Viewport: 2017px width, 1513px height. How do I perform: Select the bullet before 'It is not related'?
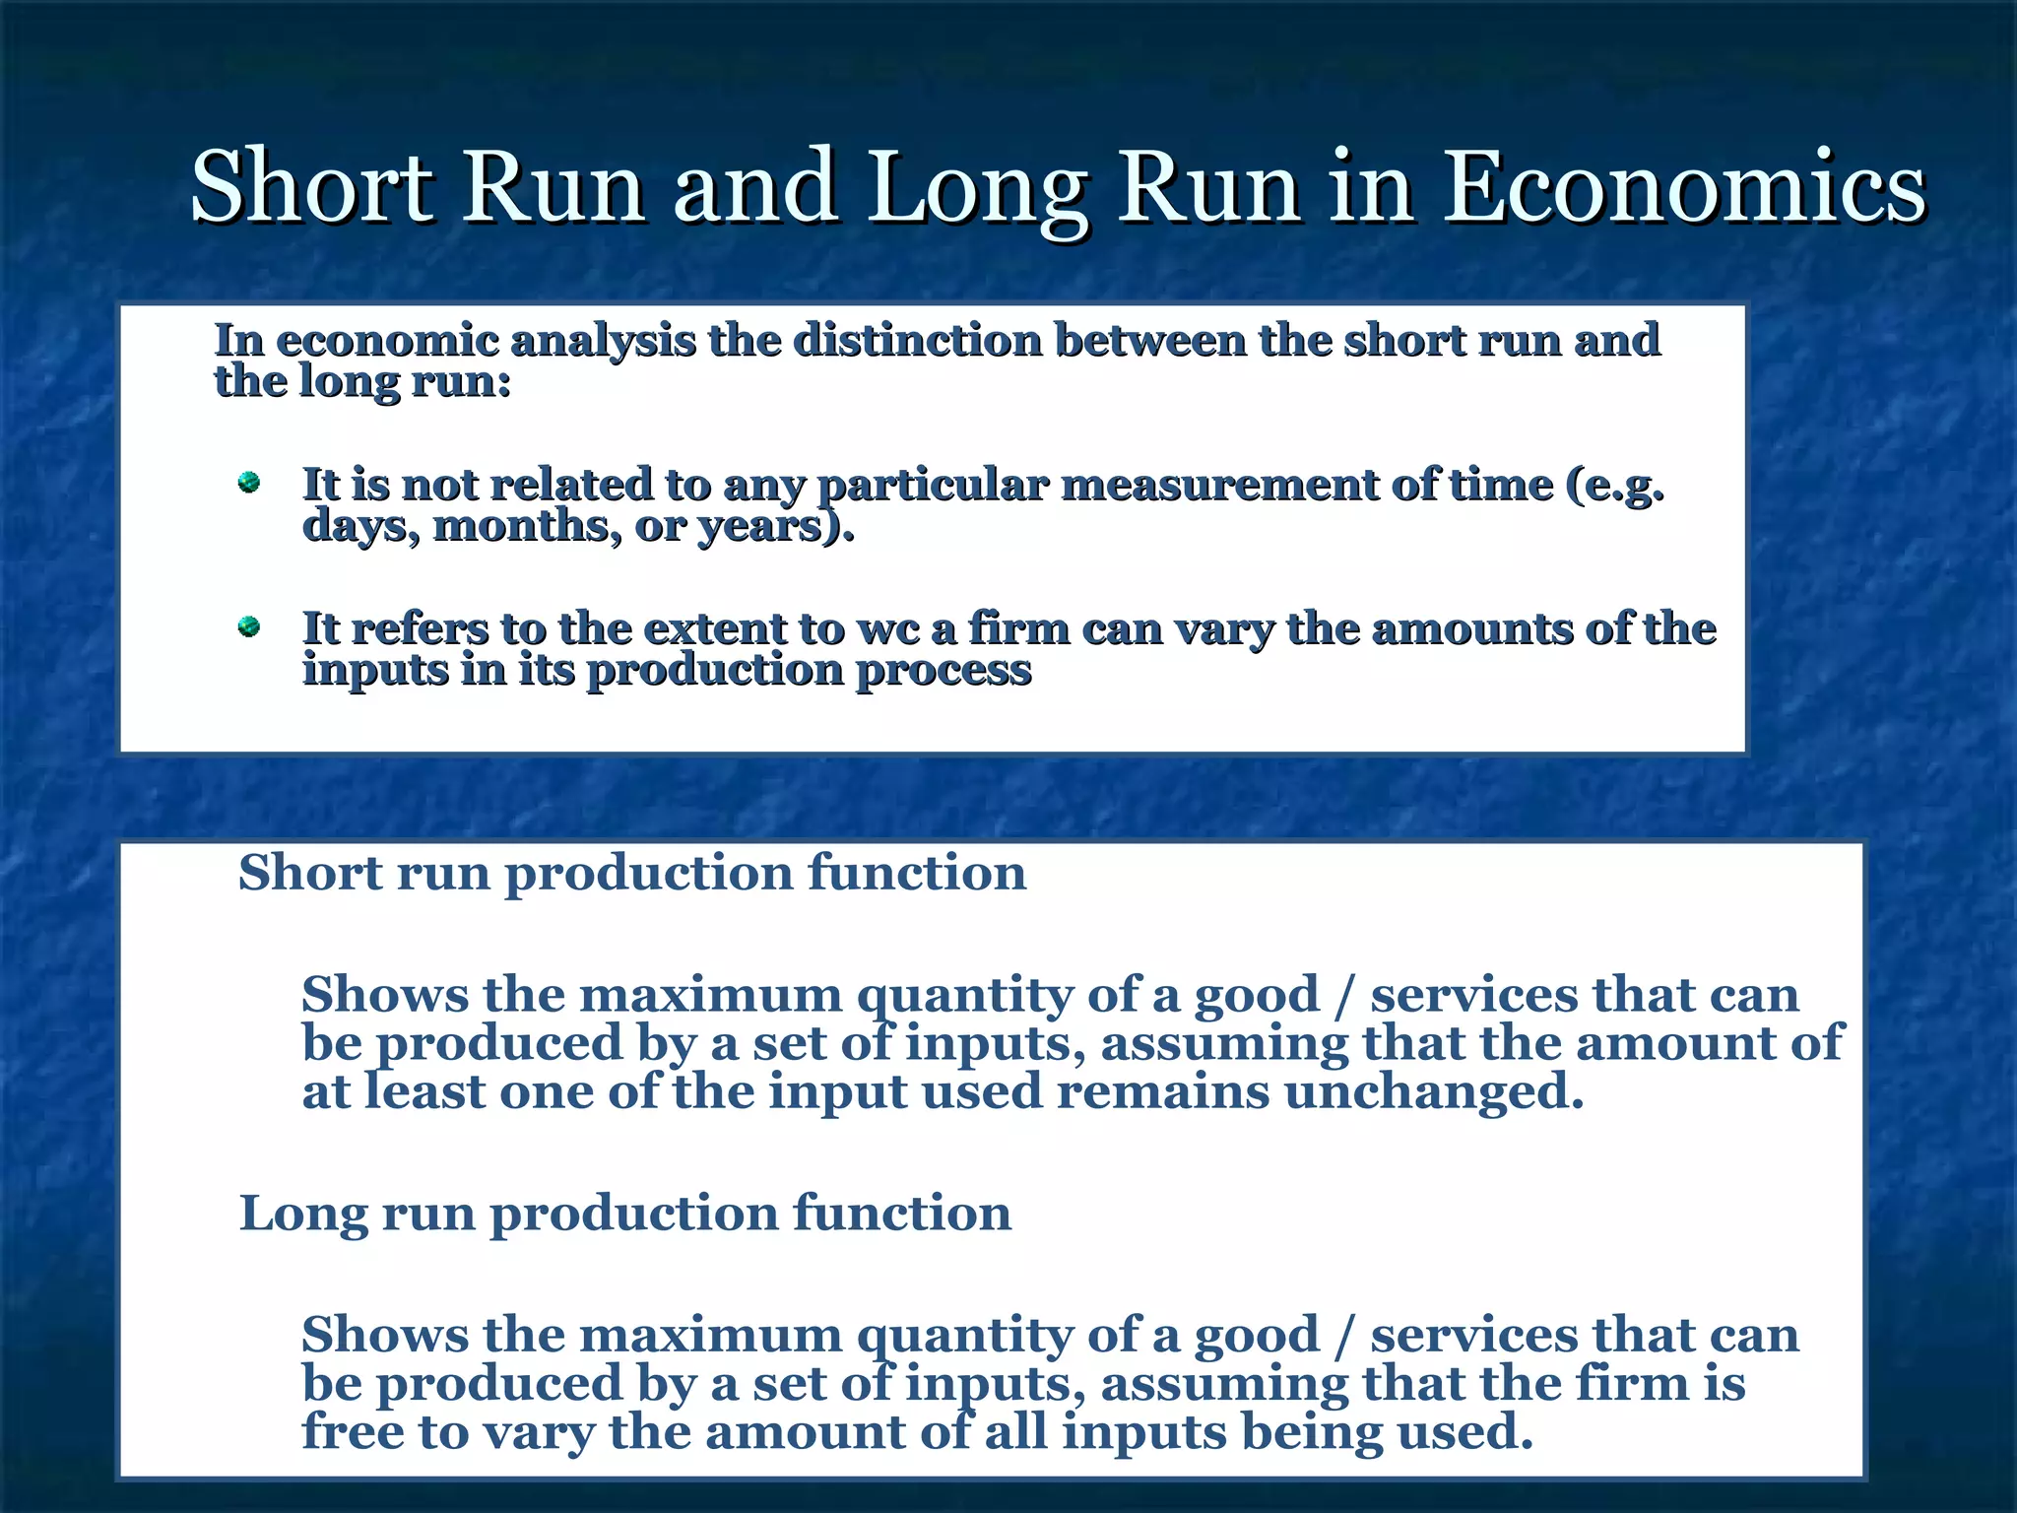coord(249,483)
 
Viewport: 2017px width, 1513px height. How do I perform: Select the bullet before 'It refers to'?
coord(249,626)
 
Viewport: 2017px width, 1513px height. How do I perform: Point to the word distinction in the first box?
coord(918,341)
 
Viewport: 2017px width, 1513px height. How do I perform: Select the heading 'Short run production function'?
coord(632,873)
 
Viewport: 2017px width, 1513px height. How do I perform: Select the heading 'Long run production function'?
coord(625,1213)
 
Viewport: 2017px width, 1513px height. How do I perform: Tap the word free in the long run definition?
coord(353,1431)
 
